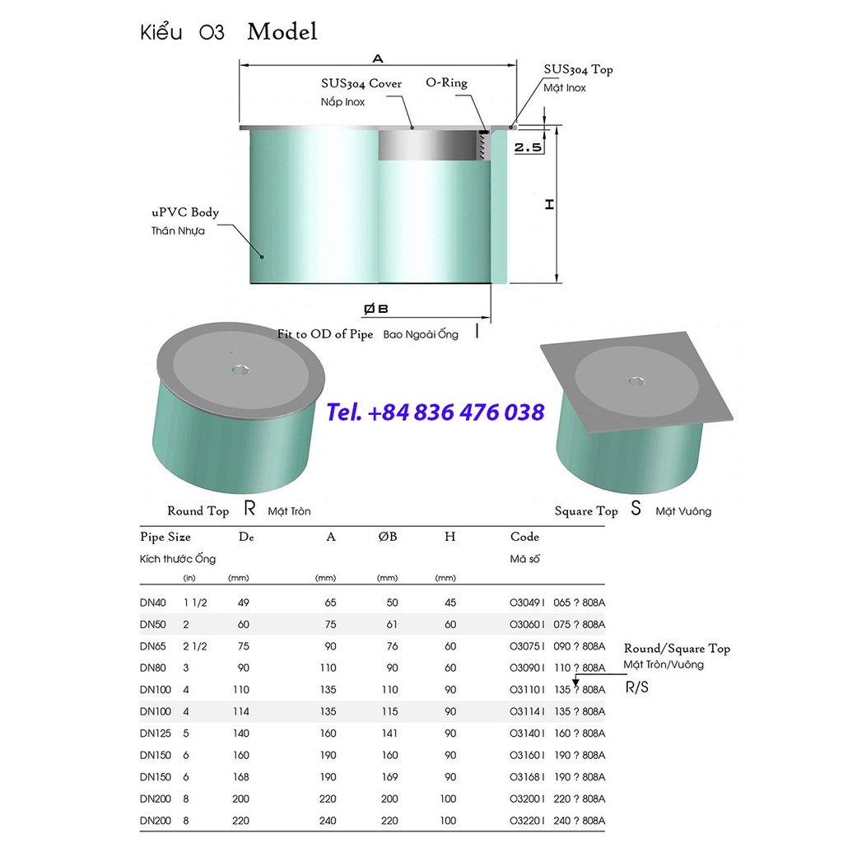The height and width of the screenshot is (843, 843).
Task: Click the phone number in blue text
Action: tap(435, 412)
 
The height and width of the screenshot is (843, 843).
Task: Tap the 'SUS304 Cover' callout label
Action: tap(361, 83)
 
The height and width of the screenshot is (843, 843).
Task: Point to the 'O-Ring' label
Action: tap(446, 82)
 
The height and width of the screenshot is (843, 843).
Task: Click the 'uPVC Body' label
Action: tap(185, 212)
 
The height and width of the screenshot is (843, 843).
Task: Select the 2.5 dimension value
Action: tap(528, 147)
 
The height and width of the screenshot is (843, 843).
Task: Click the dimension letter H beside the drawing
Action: tap(549, 204)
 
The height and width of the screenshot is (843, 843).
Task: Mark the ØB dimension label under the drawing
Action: tap(375, 309)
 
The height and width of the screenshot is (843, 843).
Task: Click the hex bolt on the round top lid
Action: tap(240, 370)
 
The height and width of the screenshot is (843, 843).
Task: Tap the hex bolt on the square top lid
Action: tap(636, 380)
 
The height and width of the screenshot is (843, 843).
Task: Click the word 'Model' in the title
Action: tap(282, 32)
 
